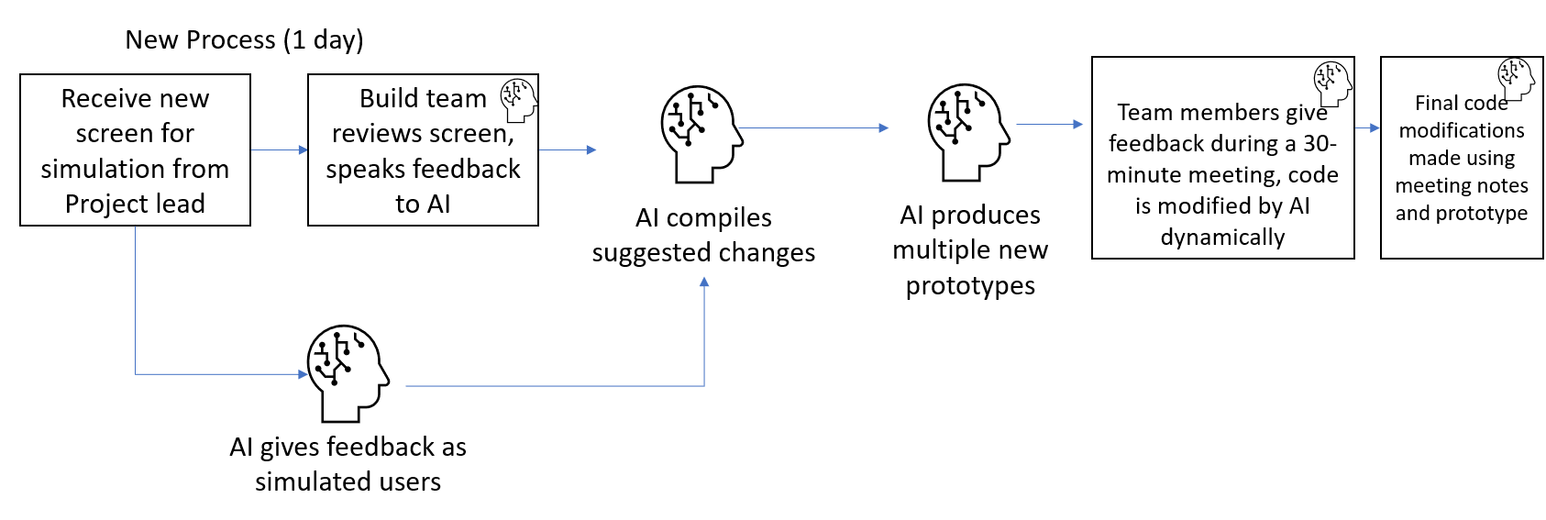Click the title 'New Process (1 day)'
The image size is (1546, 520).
click(x=244, y=40)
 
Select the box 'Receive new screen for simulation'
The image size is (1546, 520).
click(x=135, y=150)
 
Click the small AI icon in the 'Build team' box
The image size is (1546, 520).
click(x=518, y=99)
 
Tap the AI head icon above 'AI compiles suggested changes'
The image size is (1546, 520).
click(x=701, y=134)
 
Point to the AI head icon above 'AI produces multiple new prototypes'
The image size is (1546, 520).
click(x=967, y=132)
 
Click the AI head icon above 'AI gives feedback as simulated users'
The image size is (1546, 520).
click(x=347, y=371)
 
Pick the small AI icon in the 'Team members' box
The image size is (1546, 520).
click(x=1331, y=83)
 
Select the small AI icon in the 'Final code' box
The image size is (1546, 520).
click(x=1515, y=80)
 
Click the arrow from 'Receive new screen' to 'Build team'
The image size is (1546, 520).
click(x=279, y=149)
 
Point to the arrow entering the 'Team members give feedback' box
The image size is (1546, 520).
click(x=1050, y=124)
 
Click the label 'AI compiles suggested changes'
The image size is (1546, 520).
click(x=703, y=235)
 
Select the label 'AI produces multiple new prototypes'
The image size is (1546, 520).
click(x=970, y=250)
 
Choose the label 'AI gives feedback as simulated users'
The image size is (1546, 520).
click(x=348, y=464)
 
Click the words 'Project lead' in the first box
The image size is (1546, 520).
click(x=135, y=204)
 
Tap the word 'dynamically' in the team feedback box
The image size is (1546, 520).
click(x=1222, y=238)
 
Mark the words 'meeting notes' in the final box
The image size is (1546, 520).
click(x=1461, y=186)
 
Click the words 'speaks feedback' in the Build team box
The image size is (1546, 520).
click(x=423, y=170)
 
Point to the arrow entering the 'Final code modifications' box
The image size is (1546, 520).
click(x=1367, y=128)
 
